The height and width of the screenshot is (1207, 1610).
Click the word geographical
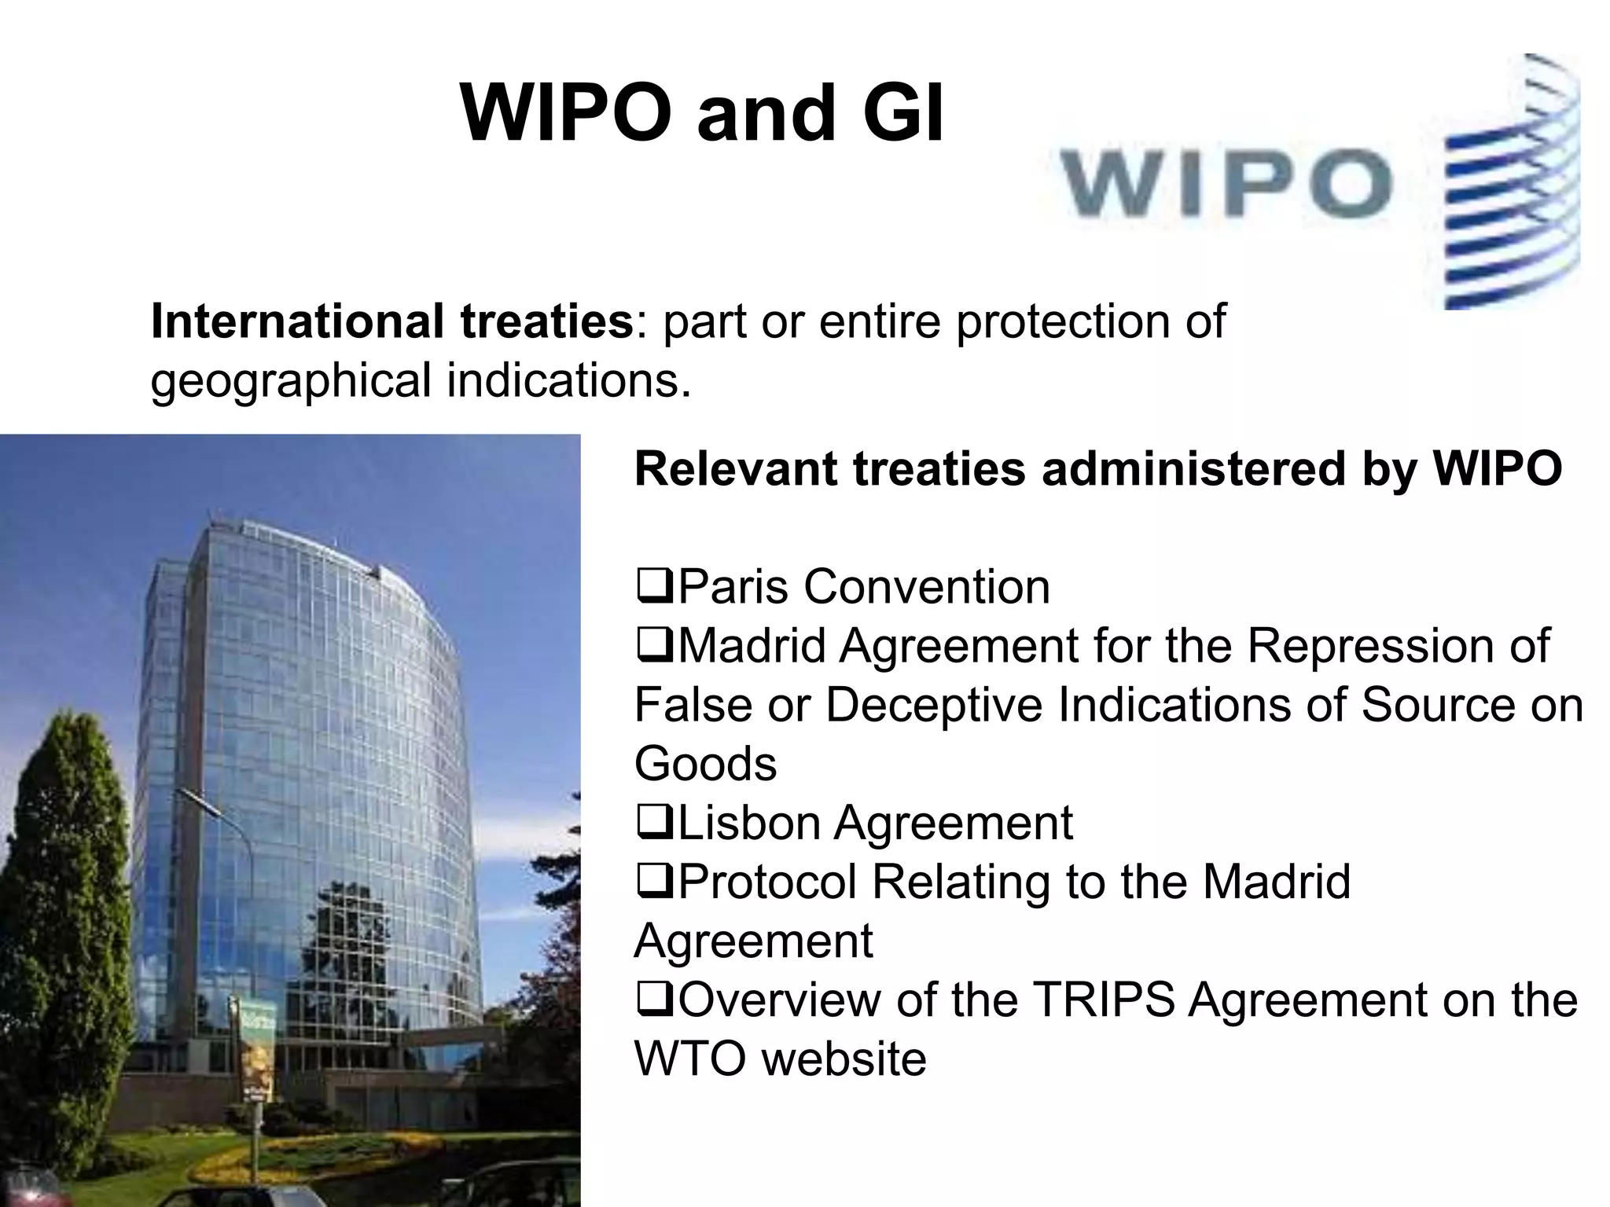291,380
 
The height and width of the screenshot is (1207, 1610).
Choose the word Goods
705,764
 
